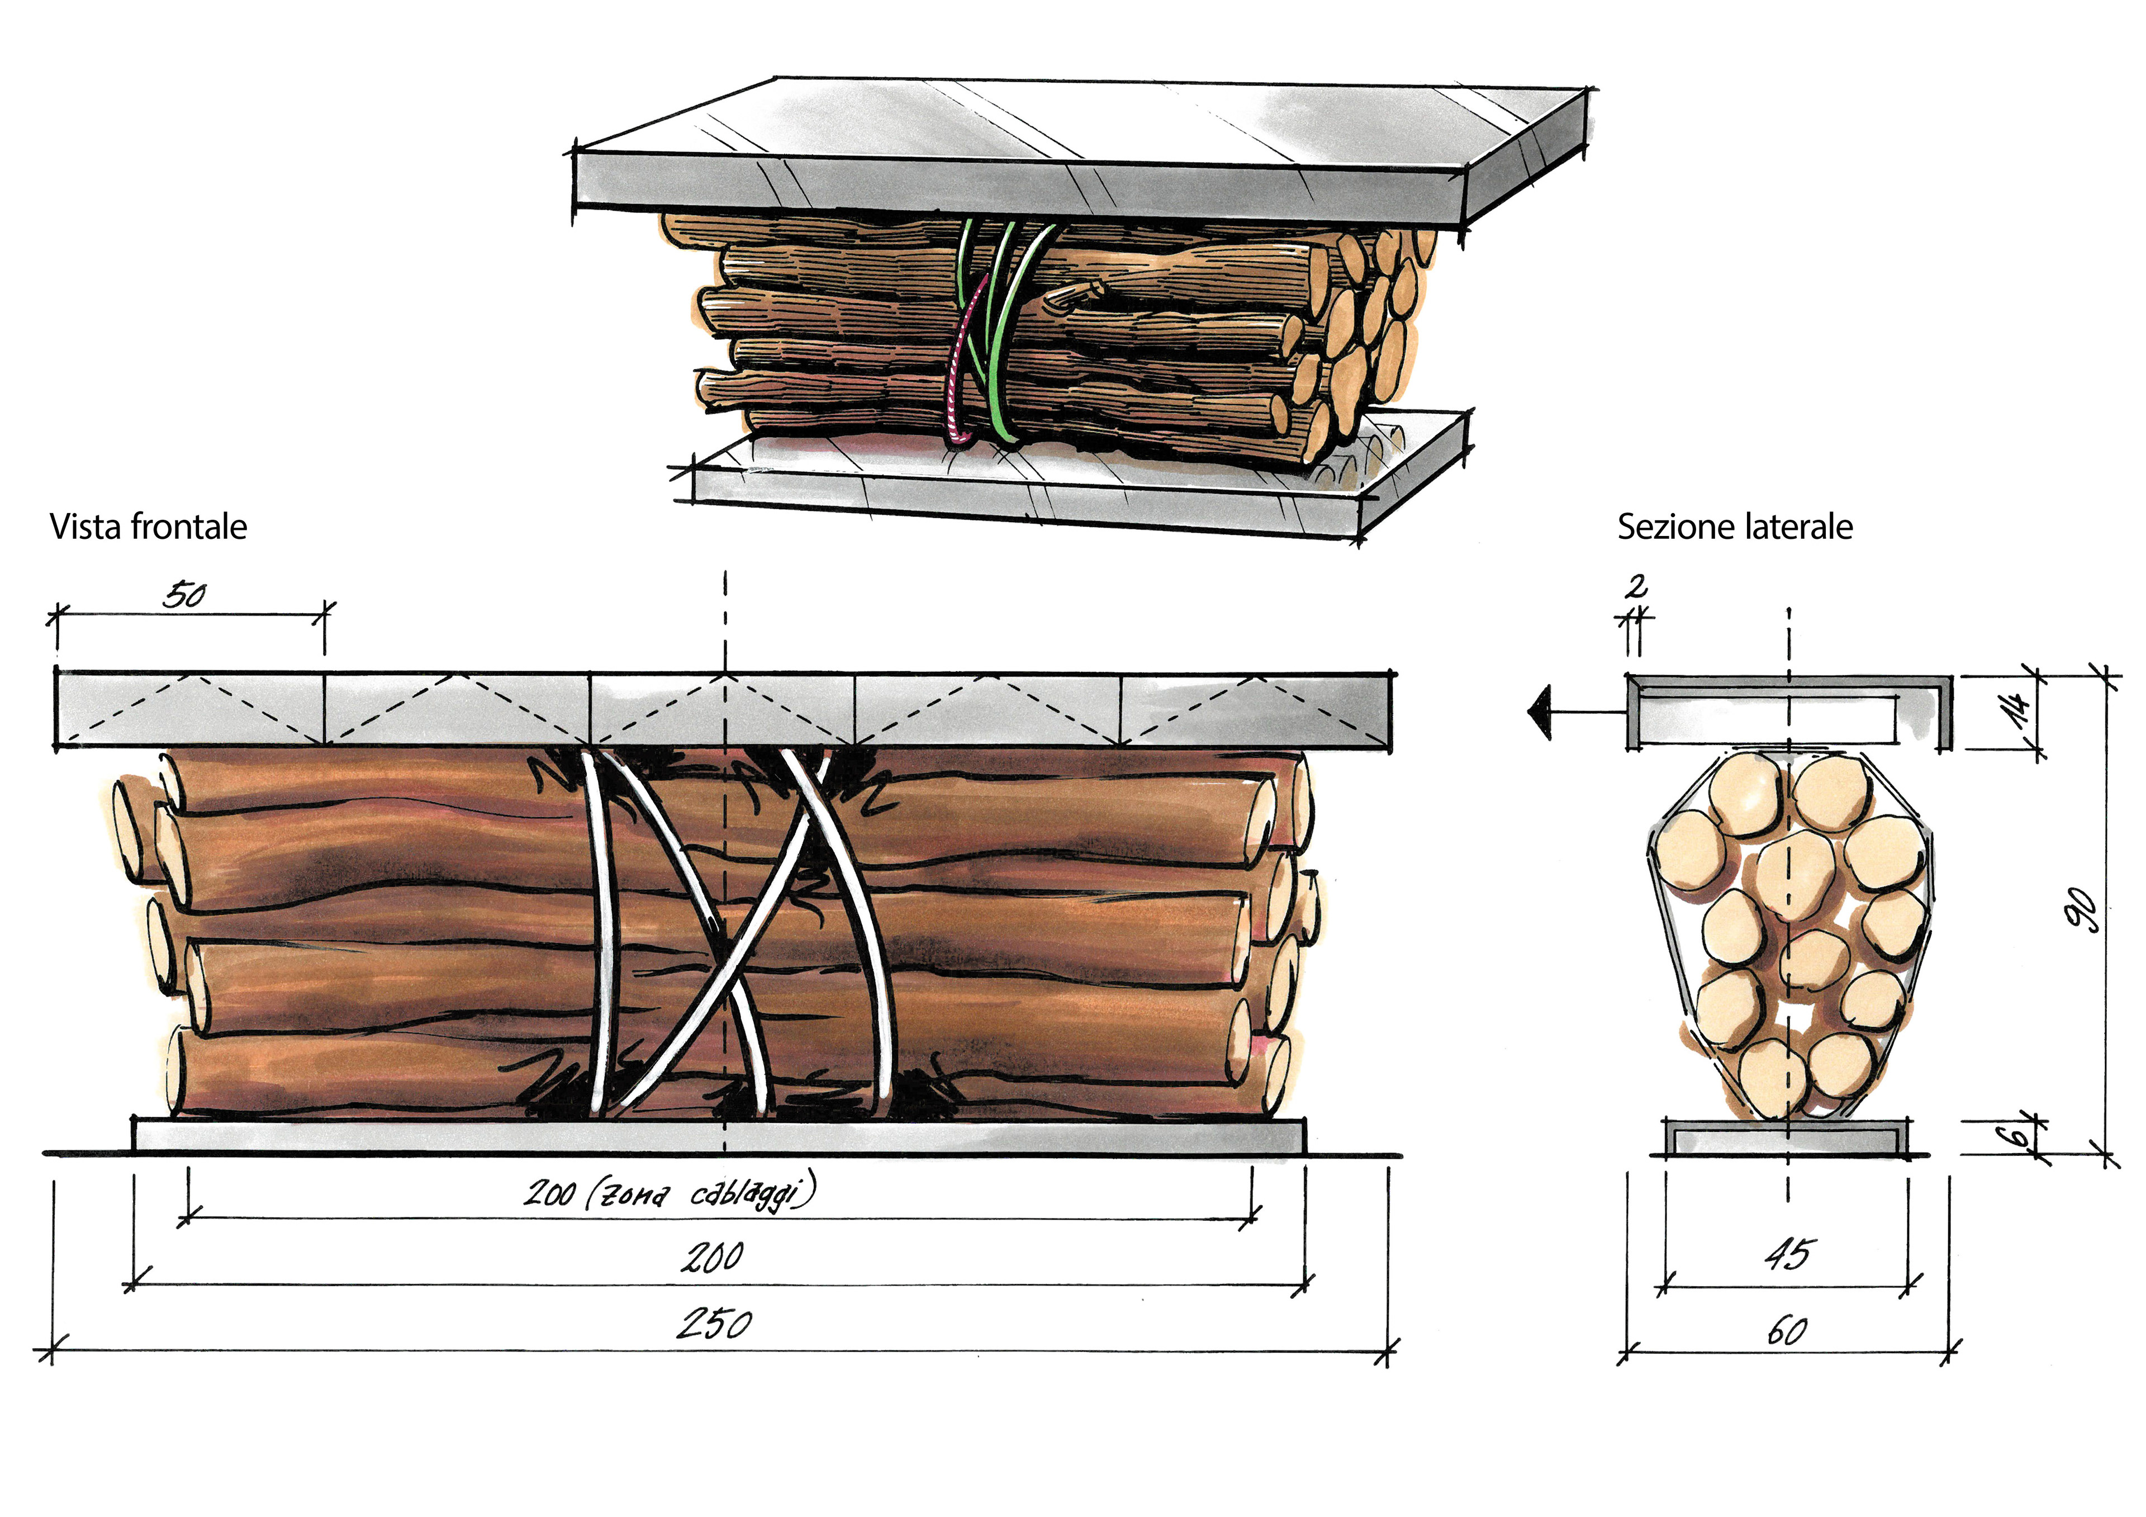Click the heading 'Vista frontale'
click(x=148, y=527)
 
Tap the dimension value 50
click(x=184, y=595)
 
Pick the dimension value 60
click(x=1786, y=1330)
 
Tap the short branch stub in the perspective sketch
click(x=1075, y=297)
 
